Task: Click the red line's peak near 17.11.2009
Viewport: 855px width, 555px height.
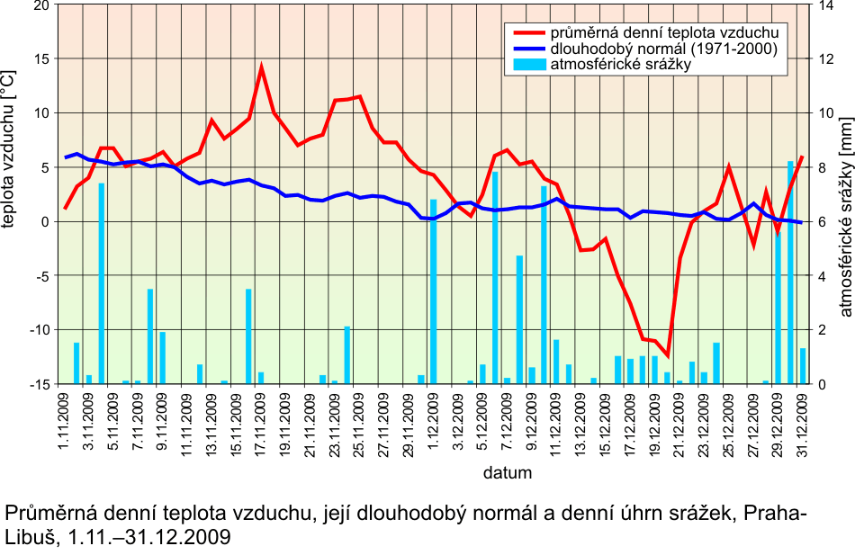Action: pos(261,67)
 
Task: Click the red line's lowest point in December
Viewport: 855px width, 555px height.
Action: pos(668,355)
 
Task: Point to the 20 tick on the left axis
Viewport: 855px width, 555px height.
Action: pos(40,5)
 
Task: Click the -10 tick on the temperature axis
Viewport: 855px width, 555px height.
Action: pos(38,330)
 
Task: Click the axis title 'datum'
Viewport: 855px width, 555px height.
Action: pos(507,472)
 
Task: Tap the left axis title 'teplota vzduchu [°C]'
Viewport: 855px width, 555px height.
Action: pos(10,149)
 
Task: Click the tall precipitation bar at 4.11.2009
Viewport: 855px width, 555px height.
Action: pos(102,283)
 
